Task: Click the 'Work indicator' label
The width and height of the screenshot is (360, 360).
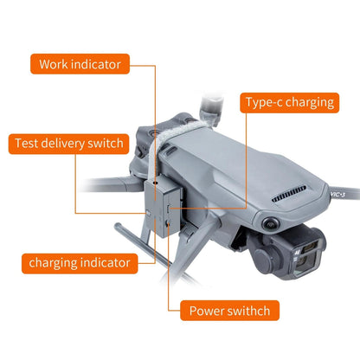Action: click(x=80, y=64)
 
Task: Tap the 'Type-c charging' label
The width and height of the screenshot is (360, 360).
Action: click(x=288, y=102)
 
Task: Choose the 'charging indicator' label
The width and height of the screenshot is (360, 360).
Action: click(x=80, y=262)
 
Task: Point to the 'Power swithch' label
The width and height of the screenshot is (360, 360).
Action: click(x=229, y=310)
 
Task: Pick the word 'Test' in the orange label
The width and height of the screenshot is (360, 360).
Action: click(x=29, y=143)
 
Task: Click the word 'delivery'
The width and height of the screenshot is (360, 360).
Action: click(x=68, y=143)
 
